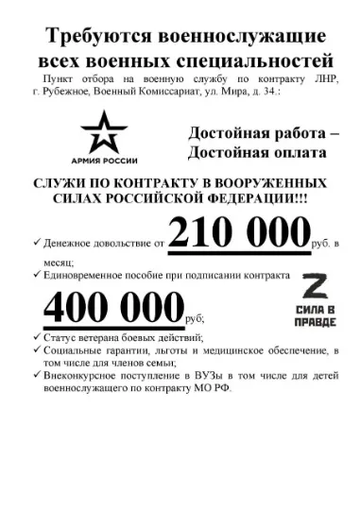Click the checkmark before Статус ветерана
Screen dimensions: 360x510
click(36, 337)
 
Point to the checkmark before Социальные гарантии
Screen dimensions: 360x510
click(36, 350)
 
